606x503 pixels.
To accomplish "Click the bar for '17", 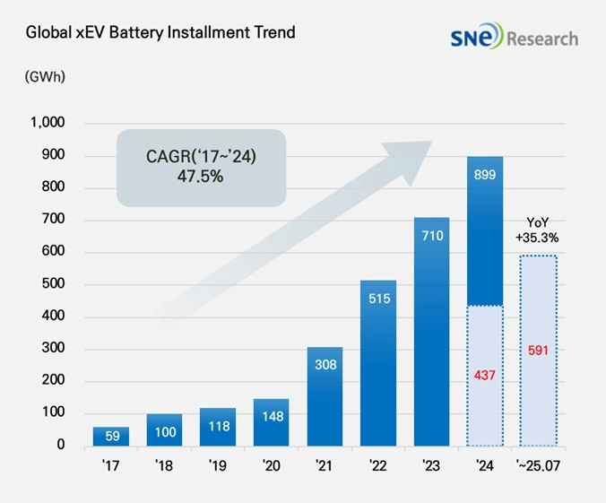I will [x=110, y=436].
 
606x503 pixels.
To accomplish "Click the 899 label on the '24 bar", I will [x=485, y=177].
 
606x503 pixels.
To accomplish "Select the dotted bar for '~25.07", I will [x=539, y=395].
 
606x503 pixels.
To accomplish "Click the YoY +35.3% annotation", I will [x=539, y=230].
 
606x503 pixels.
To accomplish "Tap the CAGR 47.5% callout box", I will [x=201, y=168].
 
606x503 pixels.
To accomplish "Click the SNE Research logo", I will [x=515, y=38].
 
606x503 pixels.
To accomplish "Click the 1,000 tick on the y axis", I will [x=47, y=123].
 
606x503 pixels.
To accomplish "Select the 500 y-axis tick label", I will [x=53, y=284].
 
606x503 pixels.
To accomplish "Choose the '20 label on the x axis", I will [x=271, y=466].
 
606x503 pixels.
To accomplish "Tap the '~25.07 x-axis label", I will [x=538, y=466].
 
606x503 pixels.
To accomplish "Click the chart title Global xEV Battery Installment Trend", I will [x=160, y=33].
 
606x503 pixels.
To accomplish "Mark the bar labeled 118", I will [x=218, y=427].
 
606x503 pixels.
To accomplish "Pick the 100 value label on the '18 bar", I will [x=164, y=430].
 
